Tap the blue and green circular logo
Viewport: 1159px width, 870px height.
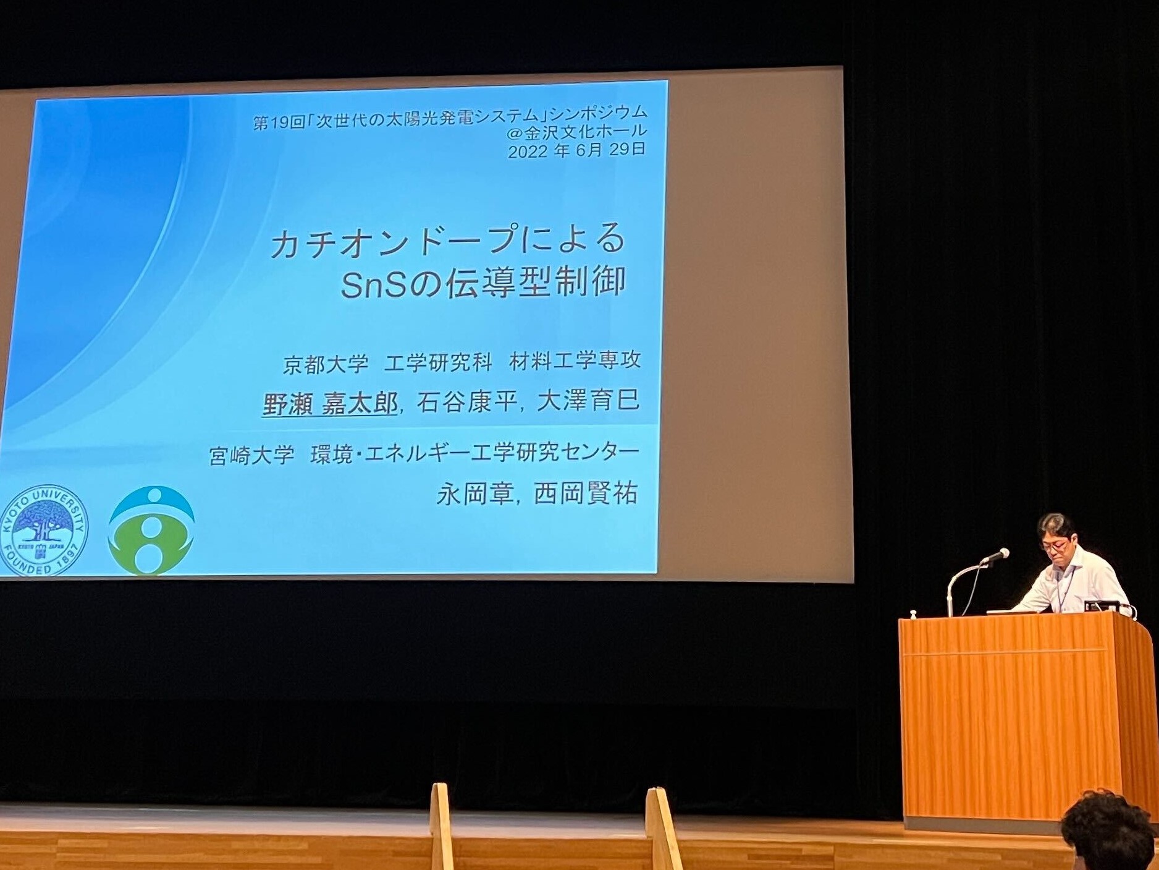(151, 531)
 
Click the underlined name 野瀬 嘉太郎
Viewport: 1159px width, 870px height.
(329, 404)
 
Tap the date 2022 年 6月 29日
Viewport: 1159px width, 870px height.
(577, 150)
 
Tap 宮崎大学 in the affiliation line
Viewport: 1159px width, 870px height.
(251, 456)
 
